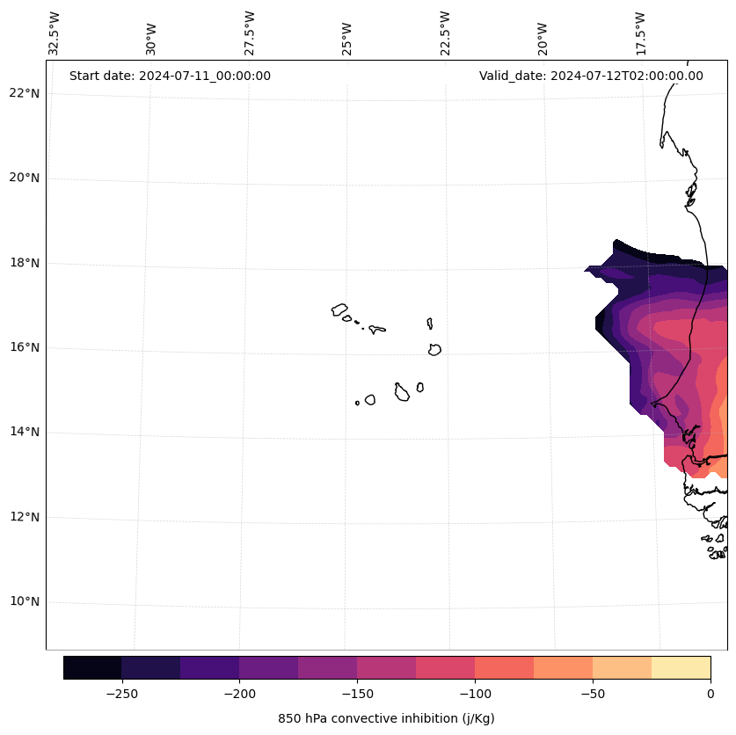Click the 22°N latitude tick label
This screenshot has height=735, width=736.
point(24,93)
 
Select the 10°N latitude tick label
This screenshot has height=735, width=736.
point(24,601)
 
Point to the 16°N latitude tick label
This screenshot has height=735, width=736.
point(24,347)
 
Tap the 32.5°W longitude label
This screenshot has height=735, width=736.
point(55,33)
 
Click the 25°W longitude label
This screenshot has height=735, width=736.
point(347,38)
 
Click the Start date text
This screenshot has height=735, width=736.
point(170,76)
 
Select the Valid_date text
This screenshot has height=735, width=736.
point(591,76)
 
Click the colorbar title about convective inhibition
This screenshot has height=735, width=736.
point(386,718)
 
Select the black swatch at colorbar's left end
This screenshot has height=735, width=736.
point(92,667)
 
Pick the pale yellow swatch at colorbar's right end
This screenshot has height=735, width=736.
point(681,667)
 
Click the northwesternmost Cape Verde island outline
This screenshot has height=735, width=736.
point(339,309)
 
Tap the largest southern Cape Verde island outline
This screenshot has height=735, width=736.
point(402,392)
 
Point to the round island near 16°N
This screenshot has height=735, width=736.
point(434,349)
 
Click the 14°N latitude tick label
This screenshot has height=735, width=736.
point(24,432)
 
